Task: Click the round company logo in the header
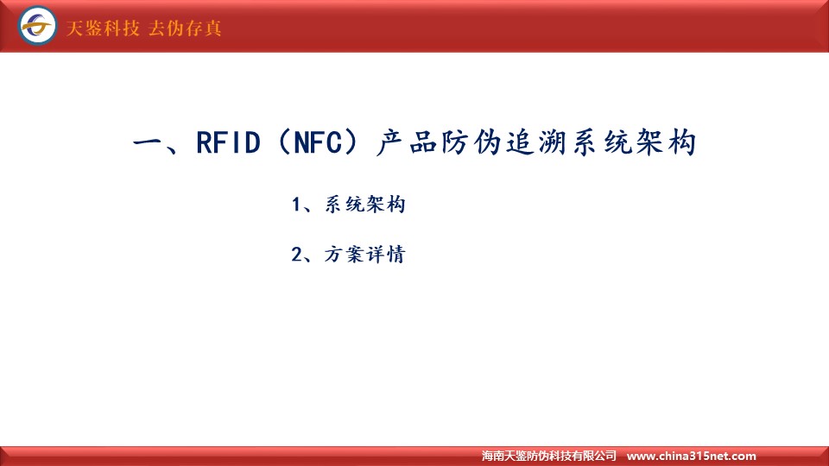pos(37,25)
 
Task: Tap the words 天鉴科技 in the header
pos(103,28)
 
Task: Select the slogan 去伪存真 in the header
pos(185,28)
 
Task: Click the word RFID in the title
pos(228,142)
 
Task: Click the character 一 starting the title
pos(148,142)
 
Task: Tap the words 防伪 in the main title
pos(471,142)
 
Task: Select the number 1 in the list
pos(296,205)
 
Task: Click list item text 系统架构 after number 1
pos(364,205)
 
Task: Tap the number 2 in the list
pos(296,255)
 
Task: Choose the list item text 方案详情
pos(364,255)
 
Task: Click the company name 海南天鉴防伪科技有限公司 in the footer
pos(549,456)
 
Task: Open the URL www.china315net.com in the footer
pos(691,456)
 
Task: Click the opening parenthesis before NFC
pos(284,142)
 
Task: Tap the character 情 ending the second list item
pos(396,255)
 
